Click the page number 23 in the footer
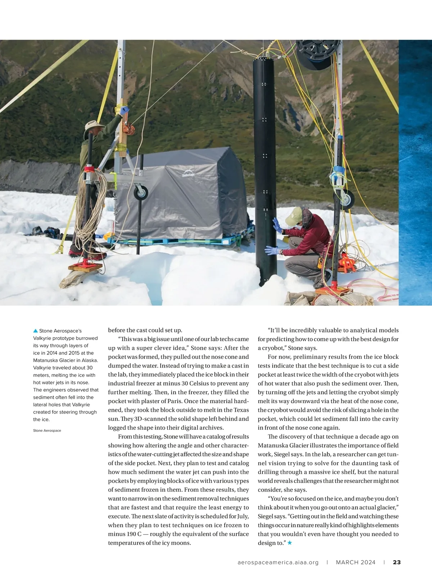tap(397, 562)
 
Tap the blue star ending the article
tap(290, 543)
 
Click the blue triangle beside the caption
tap(35, 330)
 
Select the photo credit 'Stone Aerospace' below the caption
tap(47, 430)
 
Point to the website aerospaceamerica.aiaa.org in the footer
tap(278, 562)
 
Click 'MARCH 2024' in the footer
tap(356, 562)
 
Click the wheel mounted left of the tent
tap(141, 192)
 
